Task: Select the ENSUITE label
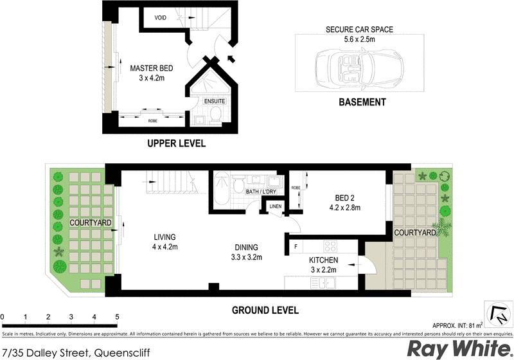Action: click(x=214, y=101)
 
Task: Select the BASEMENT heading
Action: click(x=362, y=102)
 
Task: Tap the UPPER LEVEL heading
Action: click(x=176, y=143)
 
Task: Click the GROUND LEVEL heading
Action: click(x=265, y=310)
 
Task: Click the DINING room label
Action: click(x=246, y=247)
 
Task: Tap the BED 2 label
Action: click(x=344, y=197)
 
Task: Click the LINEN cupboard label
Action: click(x=276, y=206)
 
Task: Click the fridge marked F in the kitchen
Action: click(x=295, y=246)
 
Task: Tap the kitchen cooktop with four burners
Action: click(x=330, y=245)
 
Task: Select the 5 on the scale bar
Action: click(x=117, y=316)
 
